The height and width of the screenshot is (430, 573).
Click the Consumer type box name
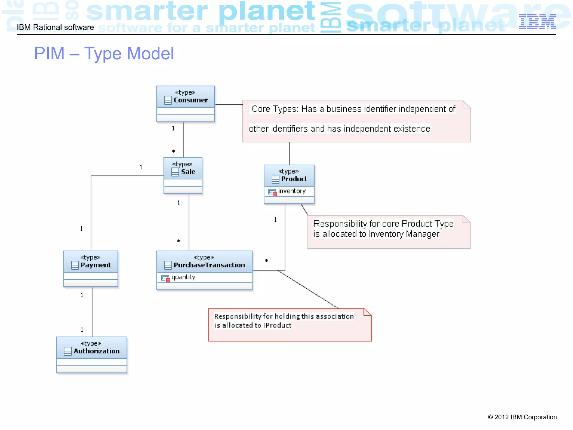tap(190, 100)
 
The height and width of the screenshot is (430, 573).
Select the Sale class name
tap(188, 172)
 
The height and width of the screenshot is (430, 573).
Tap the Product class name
tap(294, 179)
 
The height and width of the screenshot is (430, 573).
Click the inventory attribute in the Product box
tap(292, 191)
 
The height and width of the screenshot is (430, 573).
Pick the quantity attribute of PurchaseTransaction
tap(183, 277)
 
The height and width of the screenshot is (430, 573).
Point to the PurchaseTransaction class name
tap(209, 265)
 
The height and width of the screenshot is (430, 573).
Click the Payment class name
tap(96, 265)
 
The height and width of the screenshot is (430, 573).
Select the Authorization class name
tap(97, 351)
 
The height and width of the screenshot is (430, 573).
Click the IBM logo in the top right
tap(537, 22)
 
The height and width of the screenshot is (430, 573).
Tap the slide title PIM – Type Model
tap(104, 53)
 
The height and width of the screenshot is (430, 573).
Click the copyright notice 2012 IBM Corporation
tap(522, 417)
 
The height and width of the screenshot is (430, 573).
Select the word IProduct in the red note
tap(277, 325)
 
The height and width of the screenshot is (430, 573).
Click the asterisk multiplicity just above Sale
tap(173, 151)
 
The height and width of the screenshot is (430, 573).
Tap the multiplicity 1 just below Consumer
tap(173, 128)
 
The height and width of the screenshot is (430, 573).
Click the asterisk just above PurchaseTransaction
tap(179, 241)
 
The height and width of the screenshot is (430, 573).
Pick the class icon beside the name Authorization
tap(68, 351)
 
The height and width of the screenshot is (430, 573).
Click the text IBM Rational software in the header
tap(55, 27)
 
